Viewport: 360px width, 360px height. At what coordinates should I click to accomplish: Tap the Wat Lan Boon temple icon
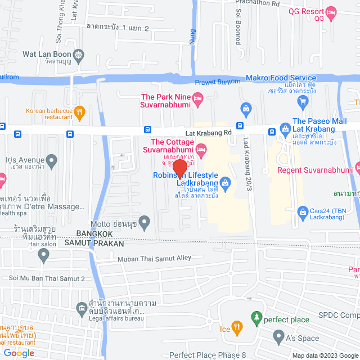tap(78, 55)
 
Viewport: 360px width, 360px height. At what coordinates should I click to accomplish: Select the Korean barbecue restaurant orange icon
tap(80, 111)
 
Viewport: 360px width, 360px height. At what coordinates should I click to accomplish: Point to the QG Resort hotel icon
tap(331, 11)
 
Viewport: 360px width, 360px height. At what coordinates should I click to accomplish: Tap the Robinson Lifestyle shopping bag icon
tap(225, 181)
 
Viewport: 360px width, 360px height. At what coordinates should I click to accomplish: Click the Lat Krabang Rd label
tap(210, 133)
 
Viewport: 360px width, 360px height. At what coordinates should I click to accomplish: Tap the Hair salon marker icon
tap(44, 255)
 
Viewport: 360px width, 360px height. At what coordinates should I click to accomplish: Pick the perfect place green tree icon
tap(256, 318)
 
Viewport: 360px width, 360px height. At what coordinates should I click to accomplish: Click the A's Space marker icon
tap(278, 337)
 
